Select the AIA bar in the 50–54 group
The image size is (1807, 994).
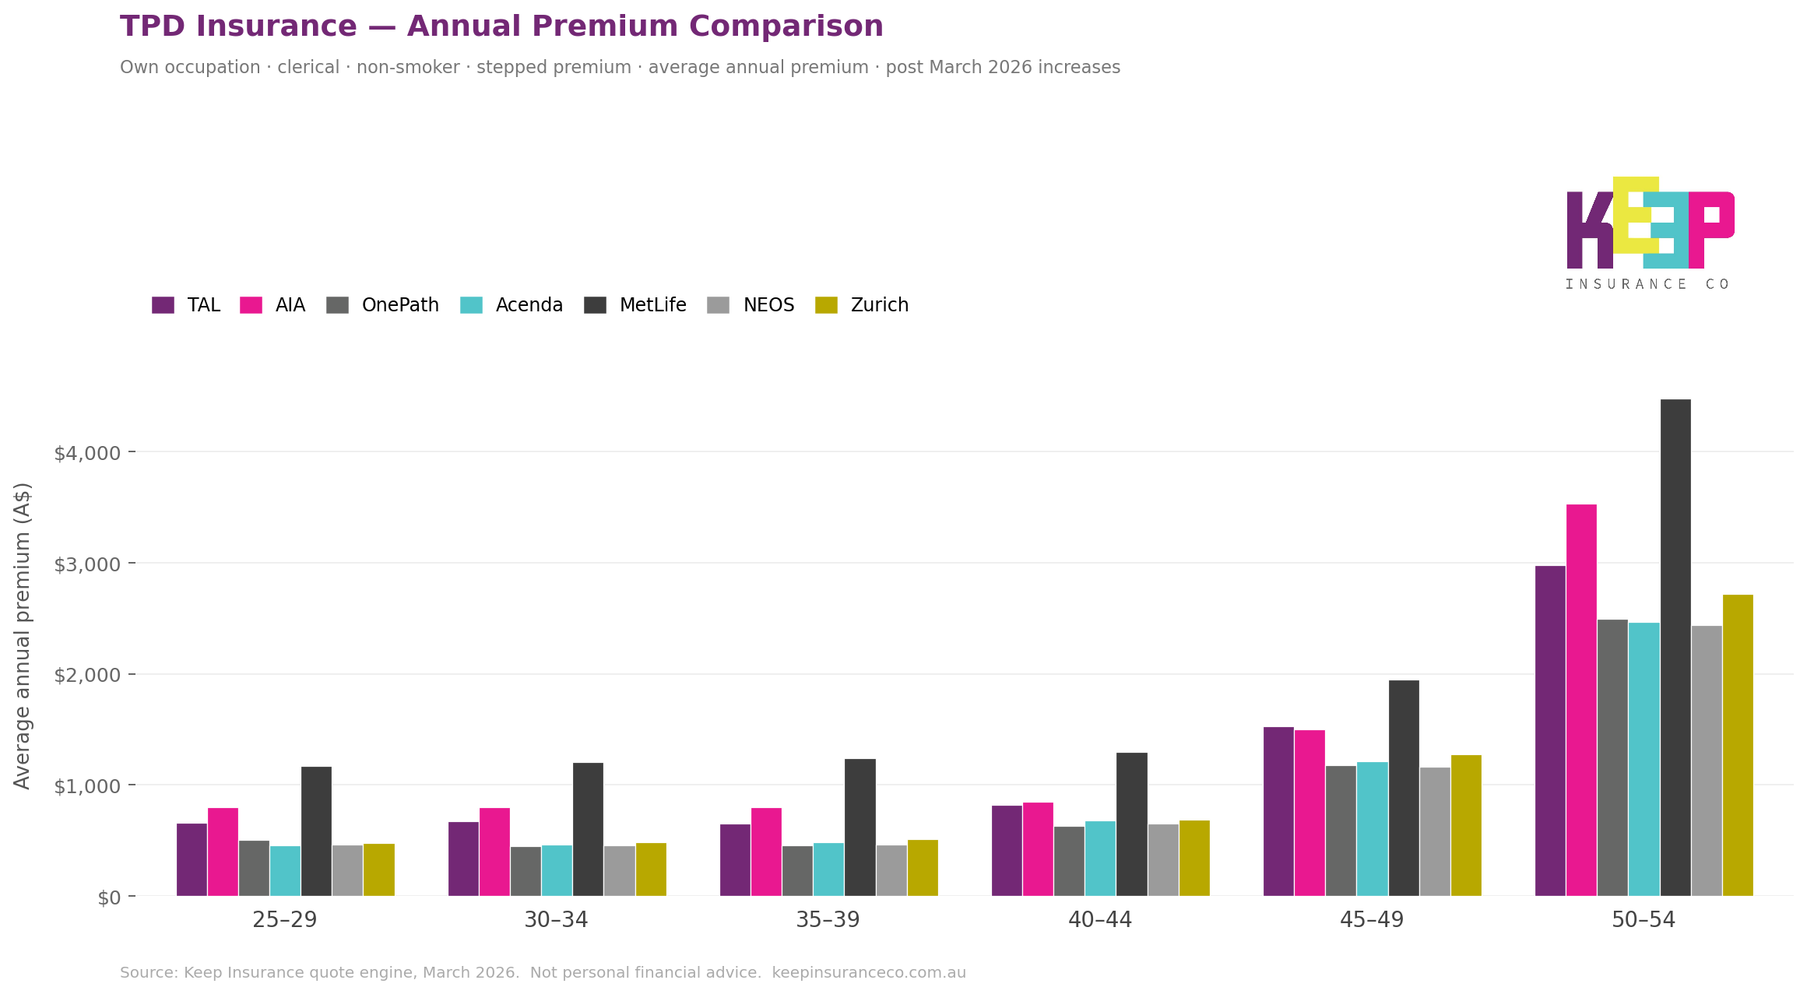pos(1580,700)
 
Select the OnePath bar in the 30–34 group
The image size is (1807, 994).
pos(526,871)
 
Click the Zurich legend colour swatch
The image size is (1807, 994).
pos(826,305)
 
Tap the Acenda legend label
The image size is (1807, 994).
pos(529,305)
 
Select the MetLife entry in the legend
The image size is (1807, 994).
pos(652,305)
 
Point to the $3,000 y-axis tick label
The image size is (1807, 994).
pos(87,564)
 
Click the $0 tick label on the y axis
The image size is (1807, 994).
pos(109,897)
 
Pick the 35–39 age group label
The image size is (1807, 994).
pos(827,920)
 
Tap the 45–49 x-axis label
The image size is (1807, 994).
pos(1371,920)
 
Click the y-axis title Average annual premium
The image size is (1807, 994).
pos(23,635)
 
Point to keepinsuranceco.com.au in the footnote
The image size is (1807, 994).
pos(868,973)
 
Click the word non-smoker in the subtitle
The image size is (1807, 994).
pos(407,68)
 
